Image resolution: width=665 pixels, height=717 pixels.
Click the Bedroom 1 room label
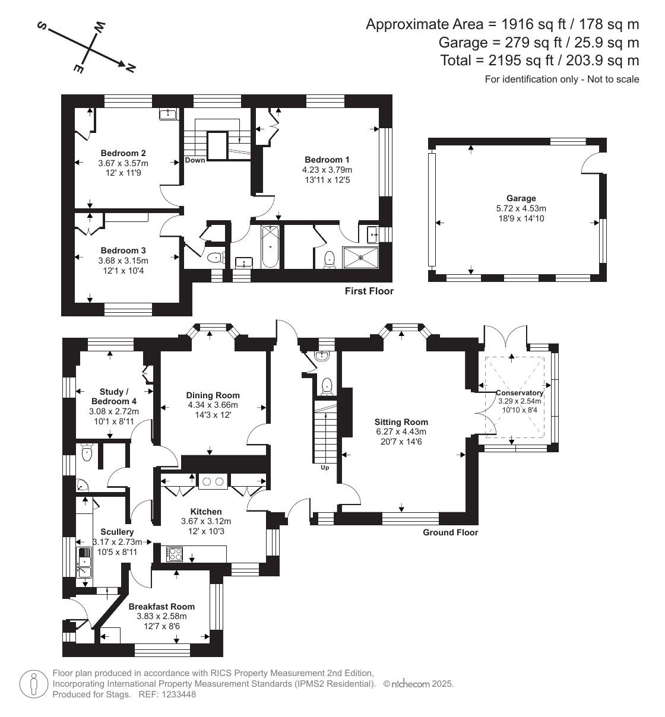click(327, 160)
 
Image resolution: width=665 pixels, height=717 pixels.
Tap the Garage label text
click(521, 198)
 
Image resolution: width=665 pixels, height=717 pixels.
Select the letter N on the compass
click(131, 67)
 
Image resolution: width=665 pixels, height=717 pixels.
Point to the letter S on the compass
click(42, 26)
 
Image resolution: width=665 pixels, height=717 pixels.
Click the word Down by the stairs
click(195, 160)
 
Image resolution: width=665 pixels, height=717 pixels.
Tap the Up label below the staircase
click(325, 468)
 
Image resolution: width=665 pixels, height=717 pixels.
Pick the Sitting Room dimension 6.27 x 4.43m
click(401, 432)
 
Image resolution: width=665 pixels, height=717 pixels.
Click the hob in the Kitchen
click(174, 554)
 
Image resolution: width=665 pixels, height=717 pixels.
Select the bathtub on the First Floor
click(270, 246)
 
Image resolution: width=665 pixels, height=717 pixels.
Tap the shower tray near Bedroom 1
click(360, 258)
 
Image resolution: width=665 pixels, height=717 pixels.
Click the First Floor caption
click(369, 291)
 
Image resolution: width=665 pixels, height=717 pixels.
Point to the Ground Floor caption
click(450, 532)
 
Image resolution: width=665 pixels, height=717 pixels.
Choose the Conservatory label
click(520, 393)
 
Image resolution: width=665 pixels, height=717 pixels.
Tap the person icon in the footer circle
click(34, 684)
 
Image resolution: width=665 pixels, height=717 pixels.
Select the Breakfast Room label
click(161, 607)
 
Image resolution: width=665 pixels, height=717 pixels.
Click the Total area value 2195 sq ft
click(521, 61)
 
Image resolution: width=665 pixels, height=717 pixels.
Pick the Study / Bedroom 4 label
click(114, 396)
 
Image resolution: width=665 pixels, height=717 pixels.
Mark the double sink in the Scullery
click(84, 563)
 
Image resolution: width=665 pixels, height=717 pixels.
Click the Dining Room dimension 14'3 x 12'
click(213, 415)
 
